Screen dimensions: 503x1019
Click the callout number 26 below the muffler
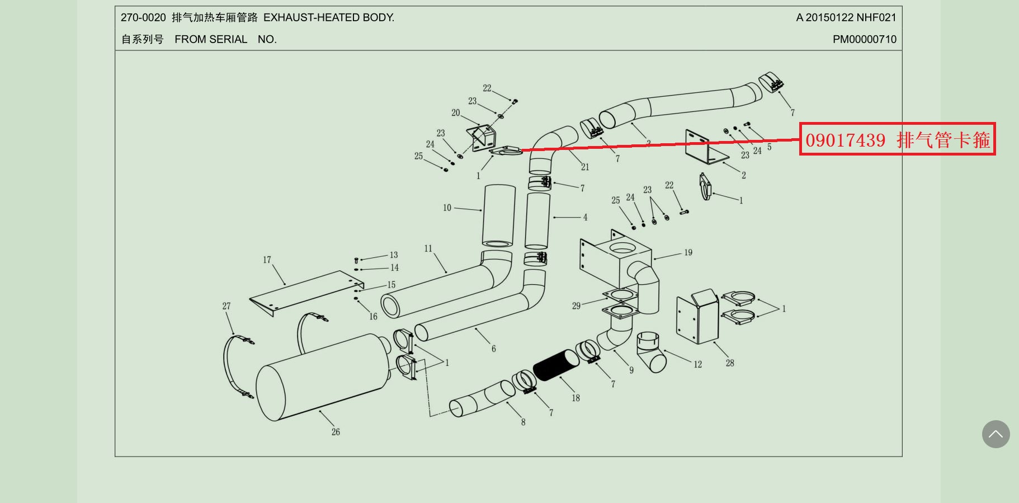(336, 432)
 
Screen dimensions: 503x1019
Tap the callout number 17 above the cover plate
(267, 260)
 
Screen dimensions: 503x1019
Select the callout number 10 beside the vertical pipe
(447, 208)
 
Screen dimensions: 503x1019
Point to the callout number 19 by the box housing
(688, 253)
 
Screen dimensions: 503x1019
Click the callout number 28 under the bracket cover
(730, 363)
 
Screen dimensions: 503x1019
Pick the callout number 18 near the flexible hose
(575, 398)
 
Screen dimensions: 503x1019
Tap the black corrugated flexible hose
(556, 364)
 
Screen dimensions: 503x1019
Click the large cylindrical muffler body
(322, 375)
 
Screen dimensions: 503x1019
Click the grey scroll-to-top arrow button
(996, 434)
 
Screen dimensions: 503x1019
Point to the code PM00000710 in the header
(864, 39)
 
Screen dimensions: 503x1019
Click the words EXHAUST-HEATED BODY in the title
(329, 17)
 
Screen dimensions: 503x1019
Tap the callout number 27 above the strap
(226, 306)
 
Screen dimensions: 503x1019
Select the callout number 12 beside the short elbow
(697, 365)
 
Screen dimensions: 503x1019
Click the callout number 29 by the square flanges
(576, 306)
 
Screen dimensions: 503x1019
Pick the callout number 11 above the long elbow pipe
(428, 248)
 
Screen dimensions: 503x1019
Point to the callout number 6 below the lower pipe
(493, 349)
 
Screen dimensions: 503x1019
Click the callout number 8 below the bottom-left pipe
(523, 422)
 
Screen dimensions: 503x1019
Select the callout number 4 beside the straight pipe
(585, 217)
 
